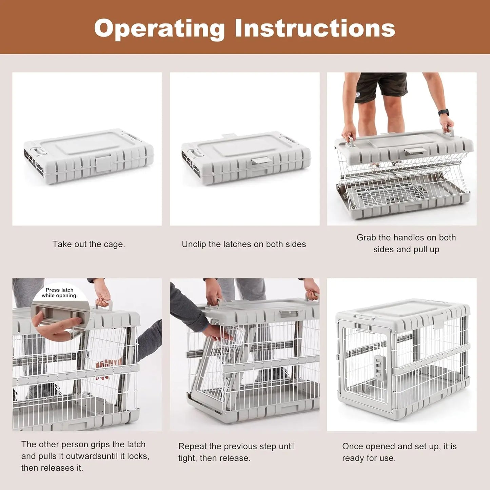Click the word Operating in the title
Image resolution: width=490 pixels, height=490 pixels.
coord(159,28)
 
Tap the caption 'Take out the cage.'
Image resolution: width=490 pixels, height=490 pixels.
coord(89,244)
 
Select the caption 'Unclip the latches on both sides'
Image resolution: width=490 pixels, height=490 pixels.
coord(243,244)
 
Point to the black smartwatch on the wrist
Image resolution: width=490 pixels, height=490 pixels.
coord(443,113)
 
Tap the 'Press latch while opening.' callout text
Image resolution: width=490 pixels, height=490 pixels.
coord(60,293)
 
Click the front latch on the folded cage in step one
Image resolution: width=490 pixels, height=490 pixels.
coord(103,163)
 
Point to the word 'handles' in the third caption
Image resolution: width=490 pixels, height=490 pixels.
coord(408,237)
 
